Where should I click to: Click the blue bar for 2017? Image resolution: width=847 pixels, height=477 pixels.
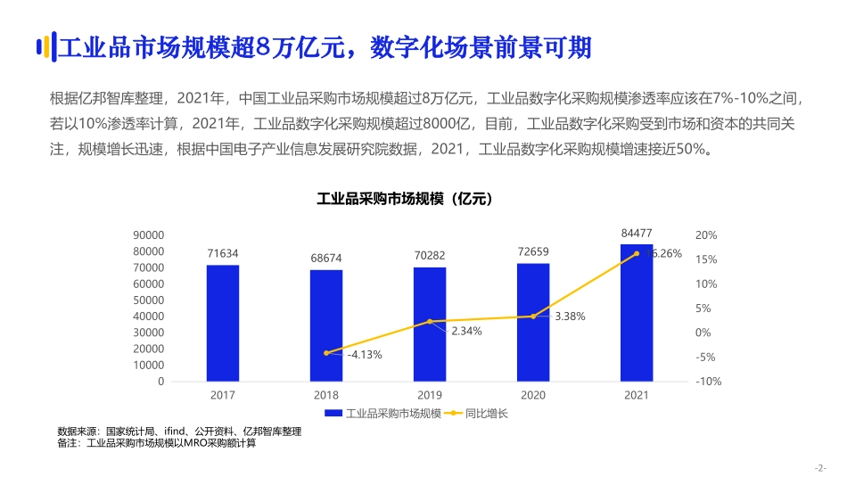[223, 323]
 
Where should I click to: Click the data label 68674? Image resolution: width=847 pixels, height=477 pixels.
[326, 259]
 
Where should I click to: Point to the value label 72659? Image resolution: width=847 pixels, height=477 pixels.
[533, 252]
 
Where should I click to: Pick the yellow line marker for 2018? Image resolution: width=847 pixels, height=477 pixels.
[326, 353]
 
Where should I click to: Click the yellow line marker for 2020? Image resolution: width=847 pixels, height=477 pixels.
[533, 317]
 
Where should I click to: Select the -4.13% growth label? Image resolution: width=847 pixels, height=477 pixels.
[364, 354]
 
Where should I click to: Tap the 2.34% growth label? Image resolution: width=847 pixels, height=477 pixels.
[466, 331]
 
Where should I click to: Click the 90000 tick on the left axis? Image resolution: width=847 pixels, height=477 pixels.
[149, 235]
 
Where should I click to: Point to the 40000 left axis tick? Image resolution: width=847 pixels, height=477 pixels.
[149, 317]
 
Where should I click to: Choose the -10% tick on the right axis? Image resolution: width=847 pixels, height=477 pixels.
[708, 382]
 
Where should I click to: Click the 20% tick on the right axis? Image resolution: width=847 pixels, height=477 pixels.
[706, 235]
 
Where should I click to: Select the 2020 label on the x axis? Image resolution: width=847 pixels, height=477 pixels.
[533, 395]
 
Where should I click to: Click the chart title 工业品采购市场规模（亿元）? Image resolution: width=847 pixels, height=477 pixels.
[405, 199]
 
